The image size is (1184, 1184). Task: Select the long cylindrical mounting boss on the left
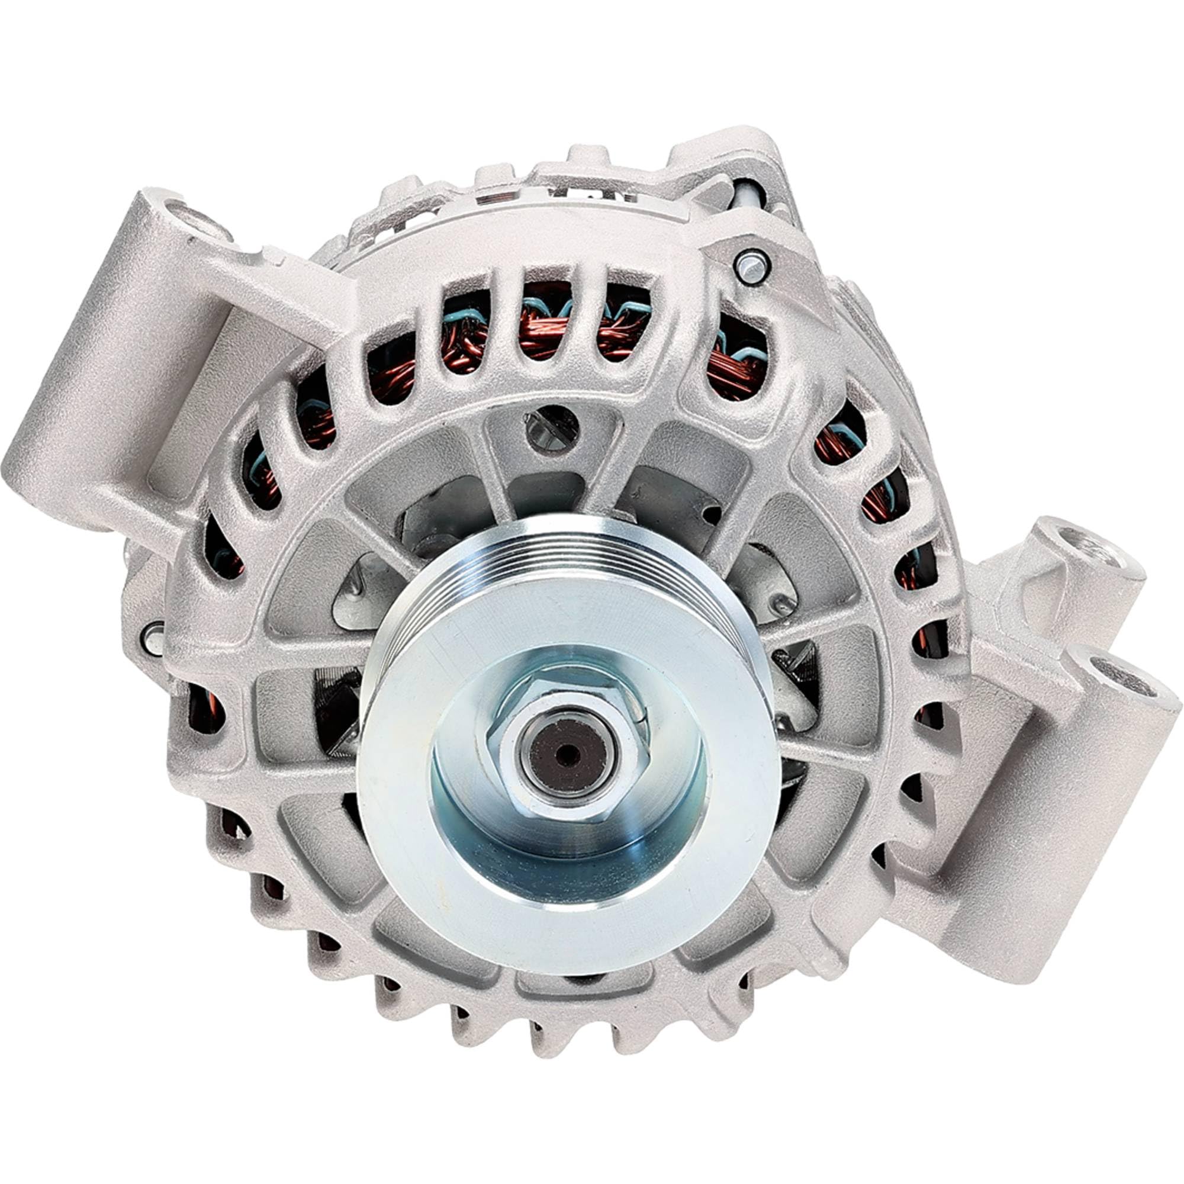point(92,392)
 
